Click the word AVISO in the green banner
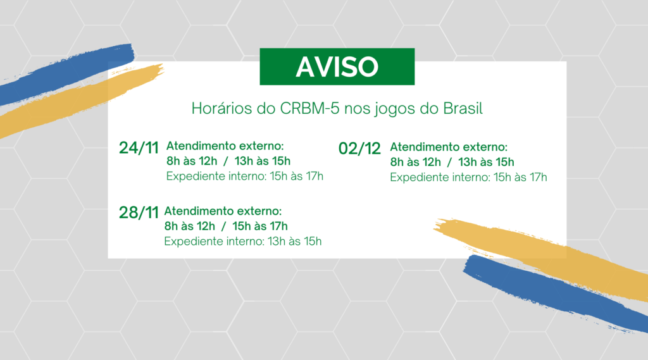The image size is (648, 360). [x=337, y=66]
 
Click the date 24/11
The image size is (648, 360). [x=138, y=147]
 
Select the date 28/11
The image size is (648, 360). [x=138, y=213]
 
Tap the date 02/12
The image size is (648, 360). [x=360, y=149]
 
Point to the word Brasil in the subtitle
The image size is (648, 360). [x=462, y=109]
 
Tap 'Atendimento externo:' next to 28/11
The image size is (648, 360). [x=223, y=211]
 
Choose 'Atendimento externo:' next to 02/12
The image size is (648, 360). [x=449, y=147]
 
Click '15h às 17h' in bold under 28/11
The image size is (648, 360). [x=260, y=226]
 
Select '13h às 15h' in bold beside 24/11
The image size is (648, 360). [x=263, y=161]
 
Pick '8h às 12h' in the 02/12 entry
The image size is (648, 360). [x=414, y=162]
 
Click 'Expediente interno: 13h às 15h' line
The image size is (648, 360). [x=243, y=241]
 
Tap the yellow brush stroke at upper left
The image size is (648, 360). [x=76, y=101]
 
